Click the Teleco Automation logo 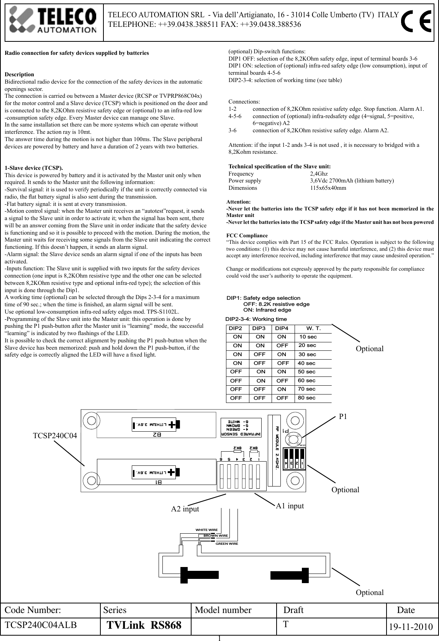pyautogui.click(x=54, y=22)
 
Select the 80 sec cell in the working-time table pyautogui.click(x=306, y=398)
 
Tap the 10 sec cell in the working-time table pyautogui.click(x=308, y=337)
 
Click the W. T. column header pyautogui.click(x=313, y=329)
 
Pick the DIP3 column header pyautogui.click(x=259, y=329)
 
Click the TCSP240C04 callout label pyautogui.click(x=55, y=436)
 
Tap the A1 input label pyautogui.click(x=290, y=506)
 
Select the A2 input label pyautogui.click(x=185, y=509)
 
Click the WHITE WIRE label pyautogui.click(x=206, y=530)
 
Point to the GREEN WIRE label pyautogui.click(x=227, y=544)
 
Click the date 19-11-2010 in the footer pyautogui.click(x=411, y=627)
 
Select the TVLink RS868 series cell pyautogui.click(x=144, y=626)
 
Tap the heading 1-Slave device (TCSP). pyautogui.click(x=34, y=168)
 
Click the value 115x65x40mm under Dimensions pyautogui.click(x=328, y=188)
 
